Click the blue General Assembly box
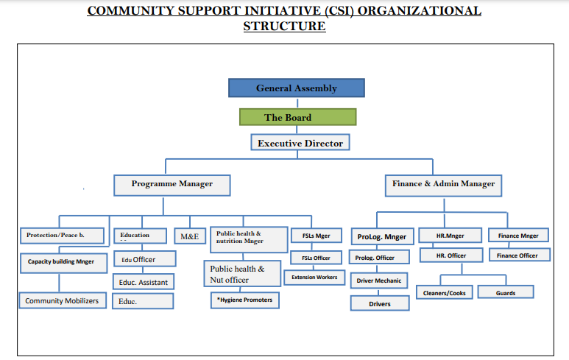[x=296, y=88]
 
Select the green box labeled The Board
[x=297, y=117]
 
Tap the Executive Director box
[x=300, y=143]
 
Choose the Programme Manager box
[x=172, y=184]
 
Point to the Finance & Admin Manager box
[x=442, y=184]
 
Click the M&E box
[x=189, y=236]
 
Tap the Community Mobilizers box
[x=62, y=300]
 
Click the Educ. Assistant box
[x=144, y=282]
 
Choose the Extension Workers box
[x=315, y=277]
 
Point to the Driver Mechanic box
[x=379, y=280]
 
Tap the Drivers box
[x=379, y=303]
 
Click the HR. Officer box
[x=451, y=255]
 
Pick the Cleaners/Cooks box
[x=444, y=292]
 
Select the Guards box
[x=506, y=292]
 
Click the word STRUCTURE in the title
[x=284, y=27]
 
